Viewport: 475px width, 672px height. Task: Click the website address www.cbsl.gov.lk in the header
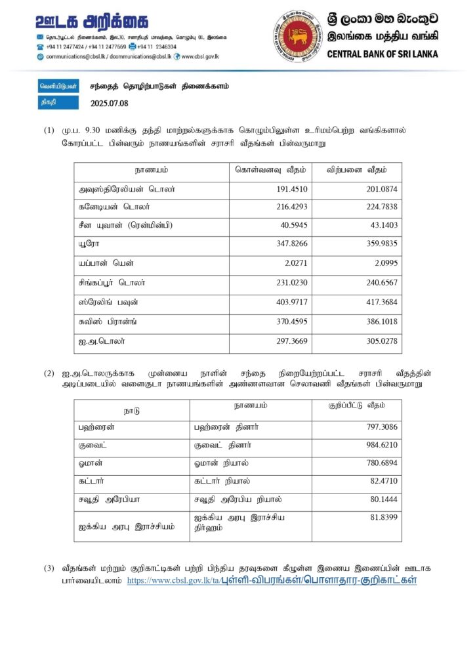(199, 56)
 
